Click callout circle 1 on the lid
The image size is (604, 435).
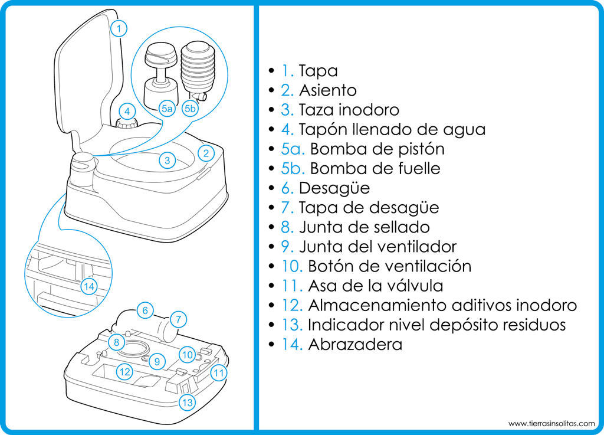pyautogui.click(x=119, y=28)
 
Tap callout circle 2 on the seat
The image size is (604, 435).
pyautogui.click(x=205, y=153)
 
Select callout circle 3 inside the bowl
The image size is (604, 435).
pyautogui.click(x=168, y=160)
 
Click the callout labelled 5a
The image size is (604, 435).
pyautogui.click(x=166, y=108)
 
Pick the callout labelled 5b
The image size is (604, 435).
pyautogui.click(x=190, y=108)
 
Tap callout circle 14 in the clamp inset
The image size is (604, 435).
pyautogui.click(x=89, y=287)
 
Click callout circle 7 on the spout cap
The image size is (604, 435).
pyautogui.click(x=178, y=319)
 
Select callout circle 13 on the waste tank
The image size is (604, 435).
pyautogui.click(x=187, y=403)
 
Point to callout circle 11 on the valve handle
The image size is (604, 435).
pyautogui.click(x=219, y=372)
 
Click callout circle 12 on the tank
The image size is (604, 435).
pyautogui.click(x=124, y=372)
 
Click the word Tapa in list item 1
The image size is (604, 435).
pyautogui.click(x=318, y=71)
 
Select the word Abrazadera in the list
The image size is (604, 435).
pyautogui.click(x=355, y=344)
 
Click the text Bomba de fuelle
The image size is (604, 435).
pyautogui.click(x=375, y=169)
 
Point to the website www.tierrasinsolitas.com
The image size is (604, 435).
pyautogui.click(x=552, y=423)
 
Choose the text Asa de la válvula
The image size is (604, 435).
pyautogui.click(x=375, y=286)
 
